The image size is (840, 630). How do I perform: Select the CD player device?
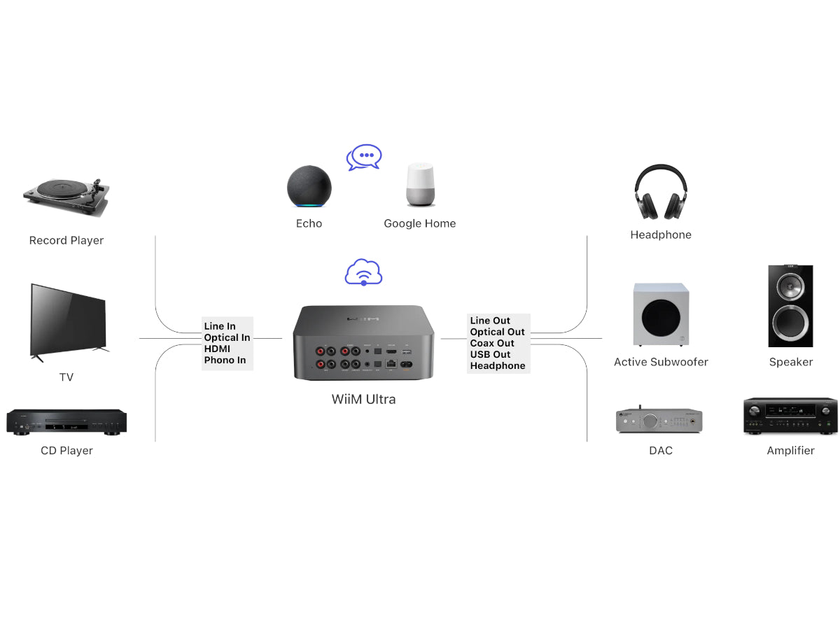point(66,422)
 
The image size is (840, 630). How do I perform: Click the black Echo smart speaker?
point(309,186)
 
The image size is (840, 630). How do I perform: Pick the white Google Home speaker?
point(420,185)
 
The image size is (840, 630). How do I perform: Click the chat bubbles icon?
point(364,157)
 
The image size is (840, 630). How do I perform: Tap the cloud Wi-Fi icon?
point(363,272)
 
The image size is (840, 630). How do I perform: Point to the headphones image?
point(661,192)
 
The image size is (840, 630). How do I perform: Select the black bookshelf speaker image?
point(790,306)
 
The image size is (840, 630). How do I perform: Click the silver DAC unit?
point(659,421)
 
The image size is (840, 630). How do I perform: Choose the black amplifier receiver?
point(790,416)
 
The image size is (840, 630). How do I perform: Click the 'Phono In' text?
point(225,360)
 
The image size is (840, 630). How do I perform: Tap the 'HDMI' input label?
point(217,349)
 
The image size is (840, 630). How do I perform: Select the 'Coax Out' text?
point(492,343)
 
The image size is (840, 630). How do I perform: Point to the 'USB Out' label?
point(491,354)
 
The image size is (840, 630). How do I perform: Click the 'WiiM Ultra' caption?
point(363,400)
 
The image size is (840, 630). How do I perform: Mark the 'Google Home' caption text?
point(419,224)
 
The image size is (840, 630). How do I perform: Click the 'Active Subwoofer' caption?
point(661,362)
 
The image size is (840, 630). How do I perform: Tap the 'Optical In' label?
point(227,337)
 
